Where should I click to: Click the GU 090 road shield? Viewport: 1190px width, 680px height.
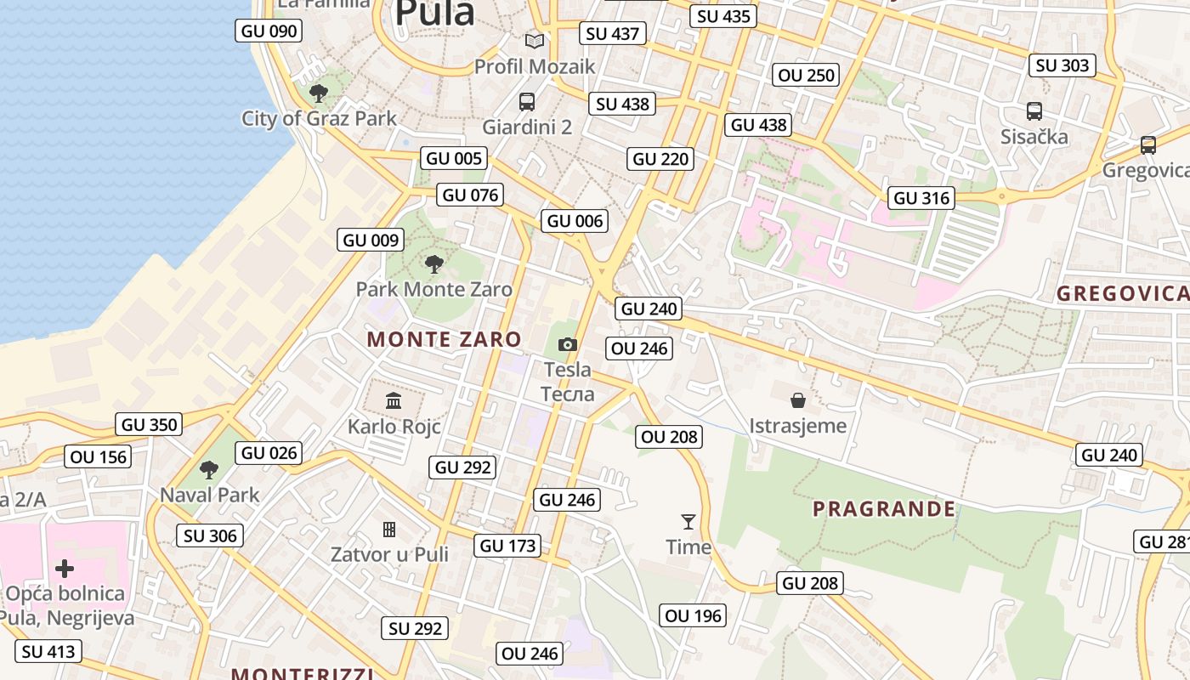coord(269,31)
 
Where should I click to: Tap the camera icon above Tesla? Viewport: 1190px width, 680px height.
coord(567,344)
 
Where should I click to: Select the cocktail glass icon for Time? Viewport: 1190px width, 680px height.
coord(688,521)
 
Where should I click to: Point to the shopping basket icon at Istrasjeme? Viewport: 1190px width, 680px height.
coord(798,399)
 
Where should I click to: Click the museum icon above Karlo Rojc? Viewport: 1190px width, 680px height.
coord(394,400)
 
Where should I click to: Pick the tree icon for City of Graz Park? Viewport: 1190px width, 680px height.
coord(319,93)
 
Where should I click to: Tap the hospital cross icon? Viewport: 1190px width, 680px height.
coord(65,568)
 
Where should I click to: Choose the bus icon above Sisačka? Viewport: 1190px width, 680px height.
coord(1034,110)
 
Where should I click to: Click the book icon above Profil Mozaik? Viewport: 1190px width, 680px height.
coord(535,41)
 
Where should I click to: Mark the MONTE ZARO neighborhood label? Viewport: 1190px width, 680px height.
coord(444,339)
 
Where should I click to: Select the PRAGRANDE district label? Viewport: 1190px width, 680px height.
coord(884,509)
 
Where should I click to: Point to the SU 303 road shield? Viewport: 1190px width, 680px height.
coord(1062,65)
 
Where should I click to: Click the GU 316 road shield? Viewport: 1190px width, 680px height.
coord(922,198)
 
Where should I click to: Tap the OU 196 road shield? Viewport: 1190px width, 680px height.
coord(694,615)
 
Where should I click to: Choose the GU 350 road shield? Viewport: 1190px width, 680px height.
coord(150,425)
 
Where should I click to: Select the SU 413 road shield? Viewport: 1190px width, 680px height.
coord(49,652)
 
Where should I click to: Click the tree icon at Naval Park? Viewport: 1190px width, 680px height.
coord(209,469)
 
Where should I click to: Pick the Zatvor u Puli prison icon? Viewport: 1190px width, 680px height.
coord(389,530)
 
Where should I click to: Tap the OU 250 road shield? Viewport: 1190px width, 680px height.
coord(807,75)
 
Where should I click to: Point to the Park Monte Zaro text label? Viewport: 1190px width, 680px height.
coord(433,289)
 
